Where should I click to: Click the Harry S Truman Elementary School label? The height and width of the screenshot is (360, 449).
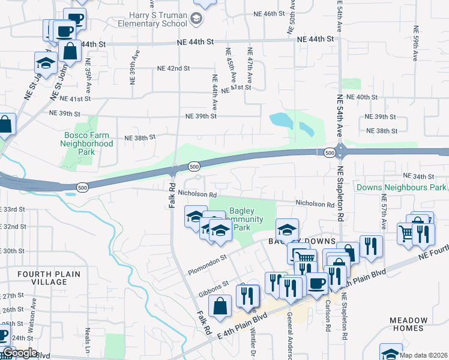pos(158,19)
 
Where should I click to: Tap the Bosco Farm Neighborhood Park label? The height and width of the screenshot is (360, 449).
pos(88,143)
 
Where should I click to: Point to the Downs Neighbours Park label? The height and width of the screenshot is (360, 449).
pos(401,188)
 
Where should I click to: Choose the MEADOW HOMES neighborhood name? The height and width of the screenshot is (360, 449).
pos(408,324)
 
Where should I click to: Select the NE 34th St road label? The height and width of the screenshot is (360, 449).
pos(419,176)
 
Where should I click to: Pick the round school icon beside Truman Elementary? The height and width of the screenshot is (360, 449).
pos(196,19)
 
